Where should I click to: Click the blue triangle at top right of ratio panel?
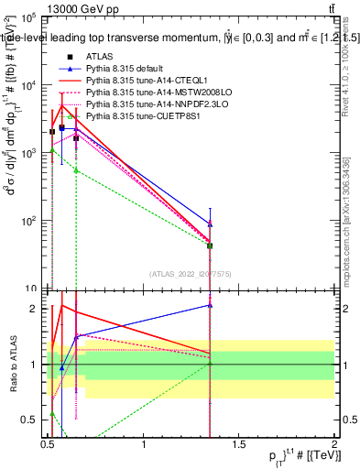pyautogui.click(x=211, y=305)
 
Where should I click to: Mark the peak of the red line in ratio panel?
pyautogui.click(x=61, y=305)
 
